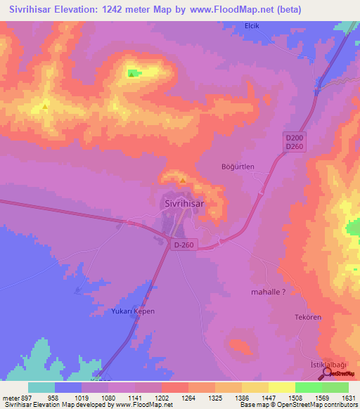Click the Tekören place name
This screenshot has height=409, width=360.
[307, 318]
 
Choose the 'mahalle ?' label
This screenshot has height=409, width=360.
[268, 291]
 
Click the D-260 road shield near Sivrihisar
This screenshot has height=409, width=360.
[184, 245]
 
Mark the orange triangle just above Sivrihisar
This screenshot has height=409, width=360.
[182, 180]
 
